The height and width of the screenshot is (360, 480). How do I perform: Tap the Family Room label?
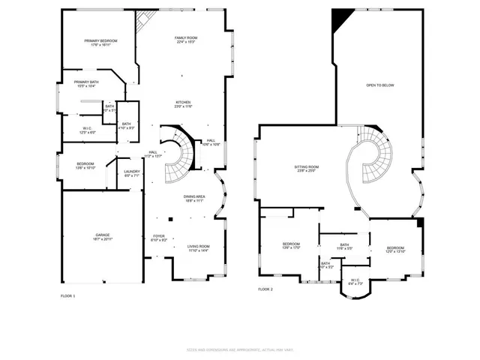[186, 40]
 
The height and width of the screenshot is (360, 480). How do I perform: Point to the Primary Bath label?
[85, 84]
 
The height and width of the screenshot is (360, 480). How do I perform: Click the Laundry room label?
[131, 174]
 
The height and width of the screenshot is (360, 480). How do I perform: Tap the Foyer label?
[159, 238]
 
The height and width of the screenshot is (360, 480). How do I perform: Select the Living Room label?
[198, 248]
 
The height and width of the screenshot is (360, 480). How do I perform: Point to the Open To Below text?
[379, 85]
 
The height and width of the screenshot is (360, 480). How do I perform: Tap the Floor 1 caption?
[67, 296]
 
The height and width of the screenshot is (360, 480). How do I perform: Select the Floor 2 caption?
[265, 289]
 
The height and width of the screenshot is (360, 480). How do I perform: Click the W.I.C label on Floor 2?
[355, 283]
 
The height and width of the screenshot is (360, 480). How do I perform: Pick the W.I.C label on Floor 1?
[88, 130]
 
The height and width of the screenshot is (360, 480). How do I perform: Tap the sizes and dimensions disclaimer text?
[239, 349]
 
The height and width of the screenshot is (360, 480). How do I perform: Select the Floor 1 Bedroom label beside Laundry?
[85, 166]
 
